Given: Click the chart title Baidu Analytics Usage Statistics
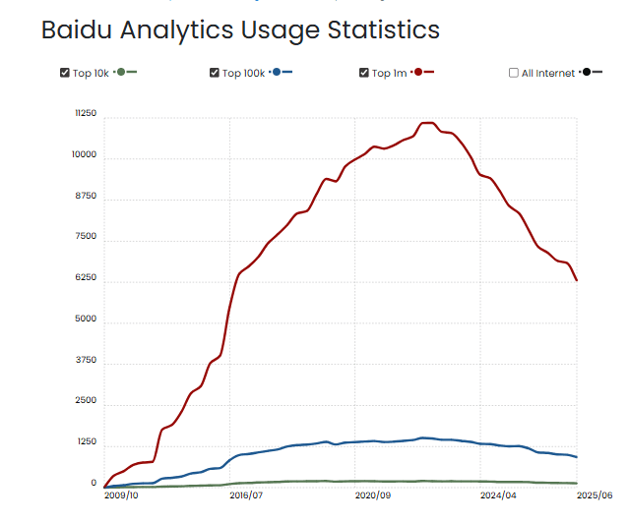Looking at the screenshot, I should [x=240, y=29].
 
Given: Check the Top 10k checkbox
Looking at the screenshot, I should [x=65, y=73].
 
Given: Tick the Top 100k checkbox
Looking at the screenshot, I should [x=215, y=73].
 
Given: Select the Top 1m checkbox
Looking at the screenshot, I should [x=364, y=73].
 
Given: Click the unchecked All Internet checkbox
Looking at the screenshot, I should [x=514, y=73].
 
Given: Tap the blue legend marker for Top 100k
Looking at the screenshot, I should [x=281, y=73].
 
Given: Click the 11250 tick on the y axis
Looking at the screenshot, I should [x=86, y=114].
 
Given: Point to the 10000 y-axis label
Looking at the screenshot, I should [x=85, y=155].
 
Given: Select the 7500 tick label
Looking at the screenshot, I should [x=87, y=237].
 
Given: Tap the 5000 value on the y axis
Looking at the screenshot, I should [x=87, y=320].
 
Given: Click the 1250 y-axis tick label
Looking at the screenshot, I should [x=87, y=442].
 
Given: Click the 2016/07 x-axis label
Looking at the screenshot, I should [x=246, y=496].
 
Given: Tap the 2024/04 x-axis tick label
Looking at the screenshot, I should [x=497, y=496].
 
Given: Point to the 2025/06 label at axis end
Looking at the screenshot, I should [x=595, y=496].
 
